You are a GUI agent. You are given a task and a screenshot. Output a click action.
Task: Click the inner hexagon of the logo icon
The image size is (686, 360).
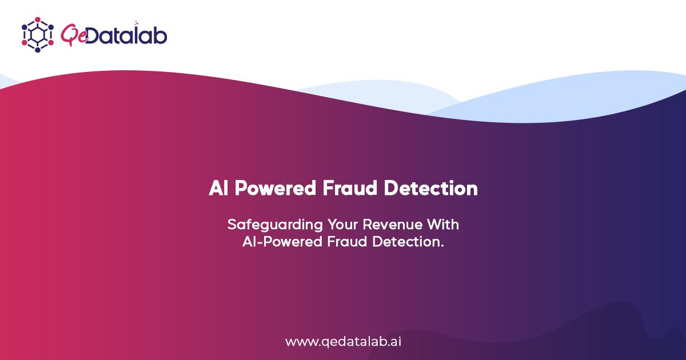(x=38, y=34)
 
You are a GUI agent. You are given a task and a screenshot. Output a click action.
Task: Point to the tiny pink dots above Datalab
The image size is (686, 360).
(x=137, y=23)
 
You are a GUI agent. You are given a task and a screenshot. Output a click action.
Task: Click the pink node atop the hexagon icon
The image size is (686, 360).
(x=38, y=19)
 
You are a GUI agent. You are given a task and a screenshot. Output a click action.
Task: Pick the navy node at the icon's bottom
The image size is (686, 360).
(x=38, y=50)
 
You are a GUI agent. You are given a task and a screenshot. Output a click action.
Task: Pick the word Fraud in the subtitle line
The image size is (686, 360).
(x=348, y=242)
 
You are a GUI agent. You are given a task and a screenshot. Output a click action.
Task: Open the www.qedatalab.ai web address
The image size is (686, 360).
(x=343, y=342)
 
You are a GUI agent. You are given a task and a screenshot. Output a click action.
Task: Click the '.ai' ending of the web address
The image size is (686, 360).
(x=394, y=342)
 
